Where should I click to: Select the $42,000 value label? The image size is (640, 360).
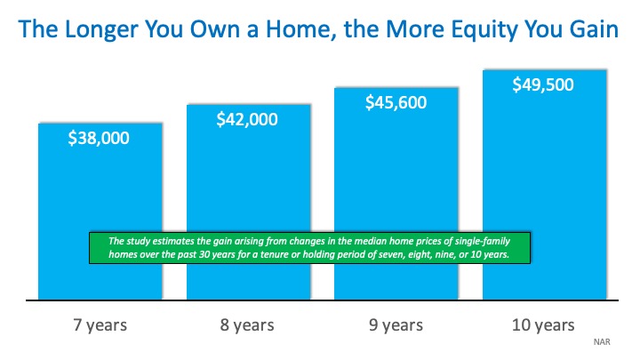pos(248,119)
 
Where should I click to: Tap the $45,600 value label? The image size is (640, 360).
pos(396,102)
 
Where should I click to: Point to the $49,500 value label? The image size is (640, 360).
pos(543,85)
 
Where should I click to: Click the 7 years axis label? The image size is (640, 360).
pos(100,324)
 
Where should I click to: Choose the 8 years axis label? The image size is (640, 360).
pos(248,324)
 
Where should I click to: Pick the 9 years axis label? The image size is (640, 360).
pos(396,324)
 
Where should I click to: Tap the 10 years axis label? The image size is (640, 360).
pos(543,324)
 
